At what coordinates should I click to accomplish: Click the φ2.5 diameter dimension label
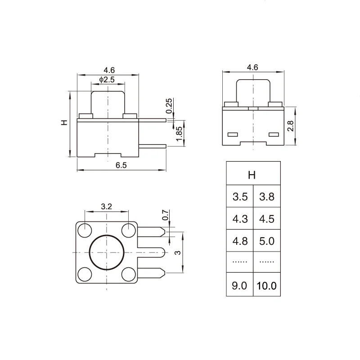click(x=107, y=80)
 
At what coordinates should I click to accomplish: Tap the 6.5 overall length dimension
click(x=121, y=165)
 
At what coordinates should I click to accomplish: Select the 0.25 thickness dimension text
click(x=169, y=106)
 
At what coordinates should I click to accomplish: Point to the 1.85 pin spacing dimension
click(x=179, y=134)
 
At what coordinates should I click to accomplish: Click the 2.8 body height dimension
click(x=290, y=126)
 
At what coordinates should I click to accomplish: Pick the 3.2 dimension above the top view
click(x=106, y=207)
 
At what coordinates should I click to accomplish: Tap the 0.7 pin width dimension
click(x=165, y=215)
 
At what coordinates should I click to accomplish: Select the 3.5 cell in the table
click(x=240, y=196)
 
